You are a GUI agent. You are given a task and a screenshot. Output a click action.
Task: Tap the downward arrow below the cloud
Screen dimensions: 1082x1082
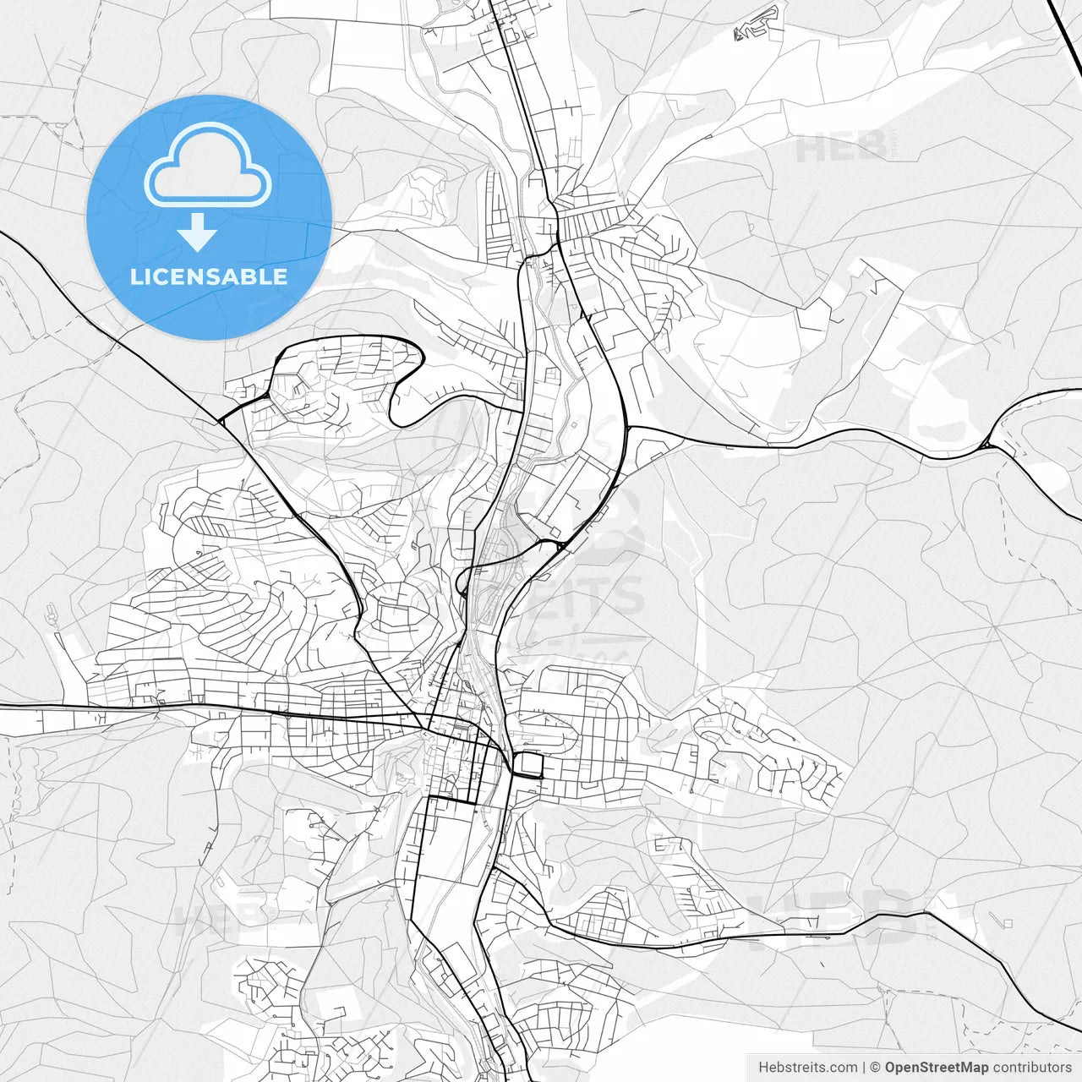(x=198, y=232)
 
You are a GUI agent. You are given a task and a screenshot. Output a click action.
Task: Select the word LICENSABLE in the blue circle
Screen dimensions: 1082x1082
(x=208, y=276)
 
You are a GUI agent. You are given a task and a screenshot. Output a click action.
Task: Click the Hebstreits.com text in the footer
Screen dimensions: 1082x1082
(x=807, y=1068)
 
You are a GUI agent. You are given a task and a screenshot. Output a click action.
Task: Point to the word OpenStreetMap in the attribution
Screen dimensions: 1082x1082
(x=937, y=1068)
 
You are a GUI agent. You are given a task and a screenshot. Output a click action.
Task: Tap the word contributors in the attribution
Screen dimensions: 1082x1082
(x=1032, y=1068)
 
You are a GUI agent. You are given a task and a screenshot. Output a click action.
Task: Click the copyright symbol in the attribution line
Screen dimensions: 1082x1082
(x=875, y=1068)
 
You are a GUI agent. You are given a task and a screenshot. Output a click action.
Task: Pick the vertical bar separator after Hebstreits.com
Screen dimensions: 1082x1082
(x=863, y=1068)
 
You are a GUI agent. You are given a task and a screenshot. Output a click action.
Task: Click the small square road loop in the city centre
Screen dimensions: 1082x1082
(x=529, y=765)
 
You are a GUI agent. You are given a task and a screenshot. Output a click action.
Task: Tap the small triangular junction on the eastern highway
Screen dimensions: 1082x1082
(x=987, y=443)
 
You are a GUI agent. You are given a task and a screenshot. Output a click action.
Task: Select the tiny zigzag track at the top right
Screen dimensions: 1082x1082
(x=757, y=25)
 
